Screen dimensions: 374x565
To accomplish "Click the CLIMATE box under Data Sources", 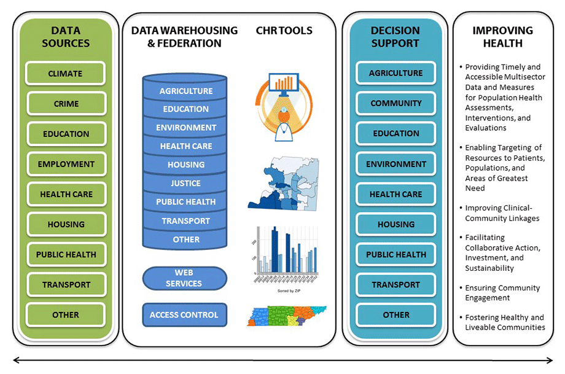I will (x=65, y=74).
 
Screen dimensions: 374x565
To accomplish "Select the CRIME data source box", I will (x=66, y=104).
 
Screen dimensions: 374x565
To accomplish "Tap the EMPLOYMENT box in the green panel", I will (x=66, y=164).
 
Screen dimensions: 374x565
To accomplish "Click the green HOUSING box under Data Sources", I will (x=66, y=224).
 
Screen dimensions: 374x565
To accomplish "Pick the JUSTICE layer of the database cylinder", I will (x=185, y=183).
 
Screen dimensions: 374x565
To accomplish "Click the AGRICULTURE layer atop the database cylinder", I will (x=185, y=91).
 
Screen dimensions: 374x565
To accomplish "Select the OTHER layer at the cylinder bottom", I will (x=185, y=240).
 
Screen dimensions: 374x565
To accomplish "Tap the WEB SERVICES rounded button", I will (x=184, y=278).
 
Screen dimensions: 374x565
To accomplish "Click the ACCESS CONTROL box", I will (x=184, y=315).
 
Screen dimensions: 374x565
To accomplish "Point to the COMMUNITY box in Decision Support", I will (x=395, y=103).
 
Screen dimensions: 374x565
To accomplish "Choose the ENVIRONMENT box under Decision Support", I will (x=395, y=164).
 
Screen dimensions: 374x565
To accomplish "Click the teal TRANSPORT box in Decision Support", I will (x=395, y=284).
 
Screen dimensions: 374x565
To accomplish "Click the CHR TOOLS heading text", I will (x=284, y=31).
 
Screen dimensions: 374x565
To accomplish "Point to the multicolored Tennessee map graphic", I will (x=286, y=316).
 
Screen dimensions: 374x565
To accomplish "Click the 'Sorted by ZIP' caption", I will (x=288, y=289).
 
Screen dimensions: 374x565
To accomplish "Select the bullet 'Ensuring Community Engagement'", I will (x=502, y=293).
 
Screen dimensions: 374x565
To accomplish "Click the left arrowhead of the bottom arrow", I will (x=17, y=360).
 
